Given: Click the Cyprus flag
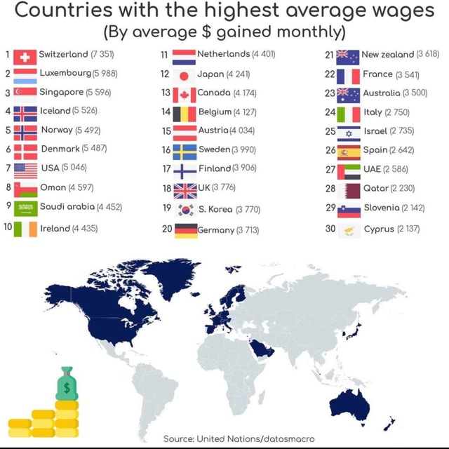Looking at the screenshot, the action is pos(349,229).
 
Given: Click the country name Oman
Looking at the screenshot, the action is pos(52,187).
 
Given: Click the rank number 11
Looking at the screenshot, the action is pos(164,55).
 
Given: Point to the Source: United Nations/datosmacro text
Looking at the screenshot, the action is pos(239,438).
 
